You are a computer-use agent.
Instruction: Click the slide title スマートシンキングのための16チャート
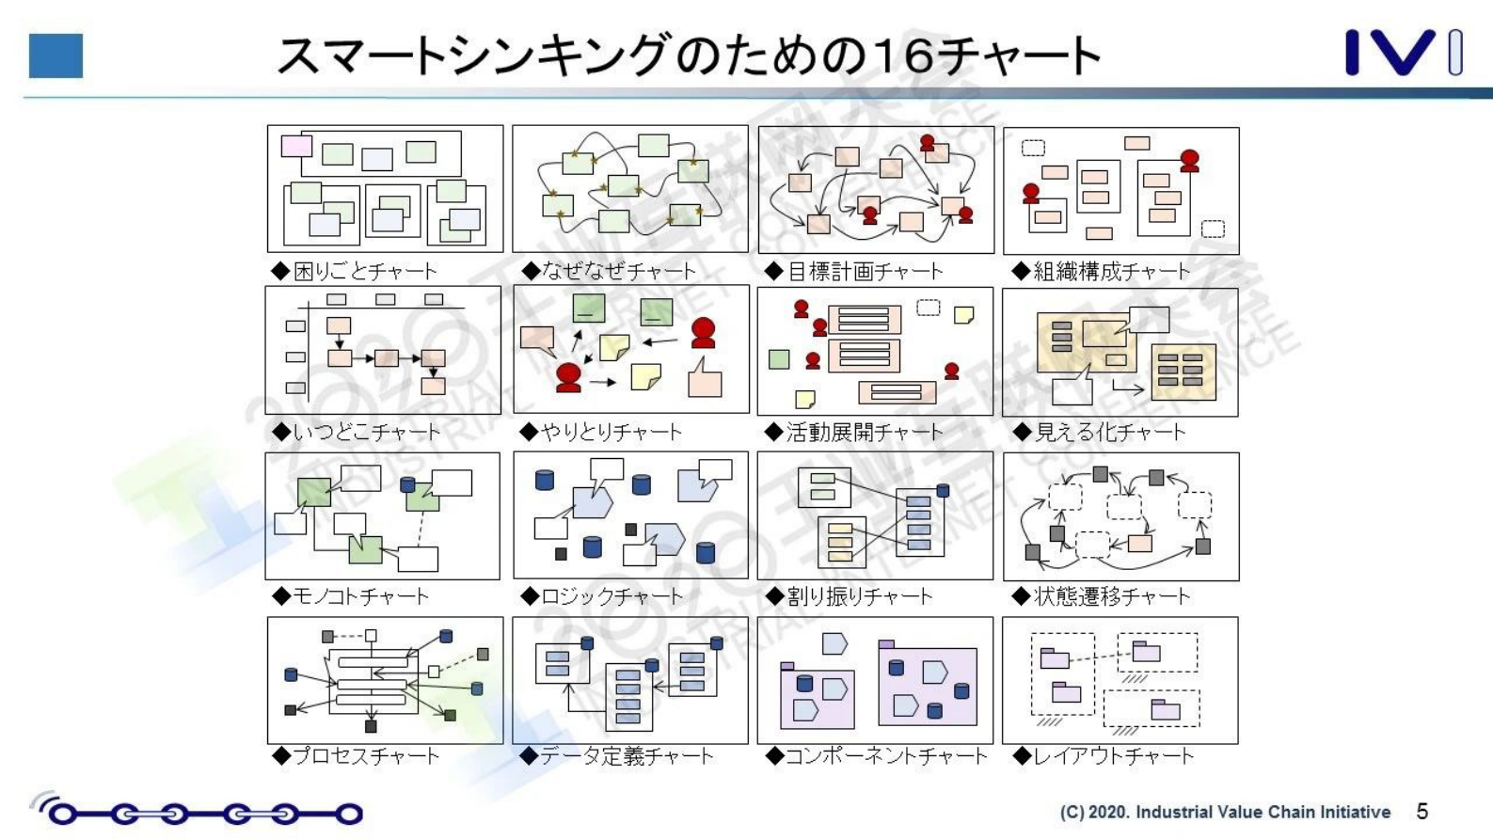click(689, 55)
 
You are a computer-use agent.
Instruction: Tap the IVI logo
click(1402, 53)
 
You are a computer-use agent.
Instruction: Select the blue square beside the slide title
click(56, 55)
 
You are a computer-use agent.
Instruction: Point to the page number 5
click(1422, 811)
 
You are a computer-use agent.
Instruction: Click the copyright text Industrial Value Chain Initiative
click(1225, 812)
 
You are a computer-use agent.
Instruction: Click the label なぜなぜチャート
click(610, 272)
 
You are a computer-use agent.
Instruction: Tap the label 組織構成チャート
click(1102, 272)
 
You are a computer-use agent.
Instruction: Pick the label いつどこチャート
click(357, 432)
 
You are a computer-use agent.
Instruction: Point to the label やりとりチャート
click(602, 432)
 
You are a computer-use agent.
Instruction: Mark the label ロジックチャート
click(602, 596)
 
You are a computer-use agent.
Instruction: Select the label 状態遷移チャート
click(1102, 596)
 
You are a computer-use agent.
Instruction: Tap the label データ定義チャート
click(617, 756)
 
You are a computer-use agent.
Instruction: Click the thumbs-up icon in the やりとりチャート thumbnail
click(705, 377)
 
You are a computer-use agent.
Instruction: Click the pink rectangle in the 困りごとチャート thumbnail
click(296, 146)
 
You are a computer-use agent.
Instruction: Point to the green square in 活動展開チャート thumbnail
click(779, 358)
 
